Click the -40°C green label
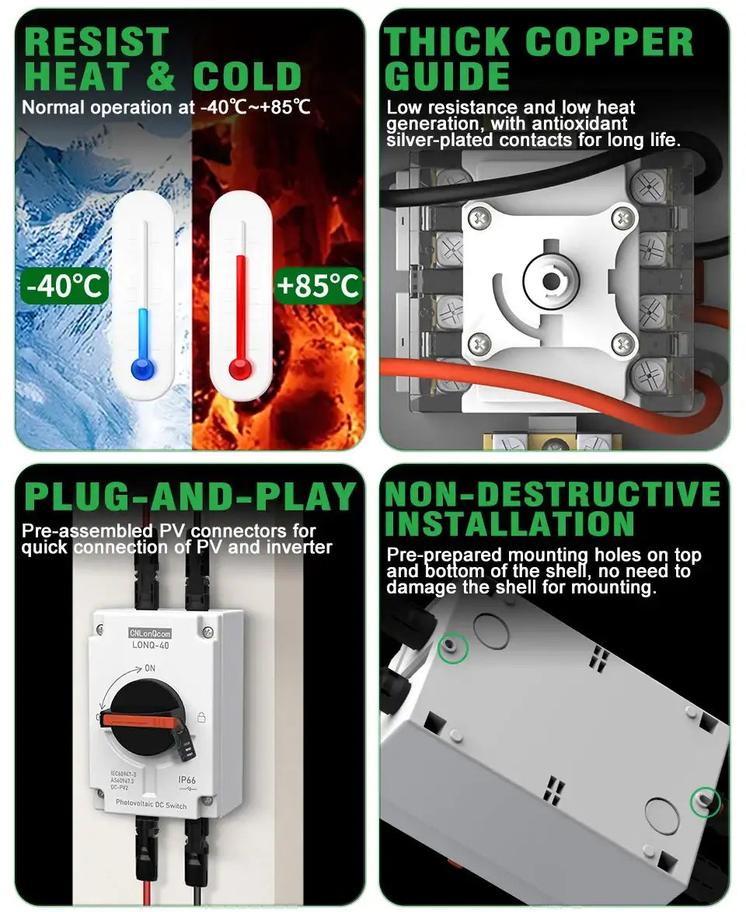(64, 286)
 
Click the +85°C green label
(318, 286)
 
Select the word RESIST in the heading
(96, 42)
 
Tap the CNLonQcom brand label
(151, 633)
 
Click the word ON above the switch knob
(150, 668)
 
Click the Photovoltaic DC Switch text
(151, 806)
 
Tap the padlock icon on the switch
(201, 717)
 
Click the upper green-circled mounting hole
(454, 646)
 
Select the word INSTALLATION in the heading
(510, 525)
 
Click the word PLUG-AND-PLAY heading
(190, 497)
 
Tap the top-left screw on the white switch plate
(481, 219)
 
